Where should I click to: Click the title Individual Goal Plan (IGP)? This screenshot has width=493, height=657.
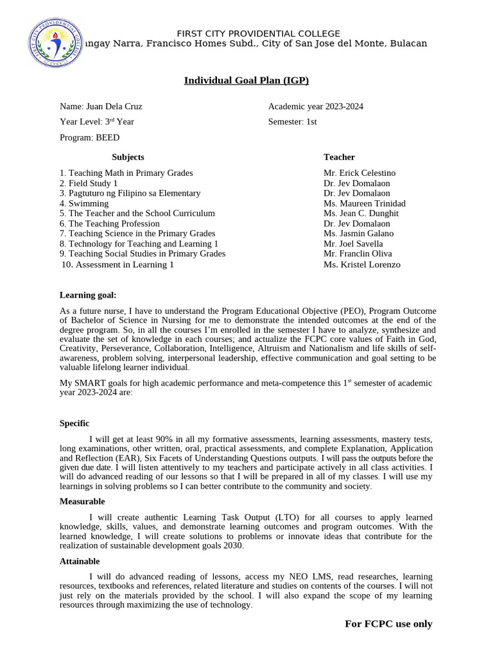coord(246,80)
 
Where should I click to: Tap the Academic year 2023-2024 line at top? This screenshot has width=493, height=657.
coord(315,107)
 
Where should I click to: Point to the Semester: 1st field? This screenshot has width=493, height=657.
coord(292,121)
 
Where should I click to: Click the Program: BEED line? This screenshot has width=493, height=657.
coord(89,137)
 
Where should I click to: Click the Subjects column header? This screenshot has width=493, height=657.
coord(128,157)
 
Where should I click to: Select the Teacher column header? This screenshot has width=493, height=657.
coord(339,157)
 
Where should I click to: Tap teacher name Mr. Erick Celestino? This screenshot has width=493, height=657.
coord(359,173)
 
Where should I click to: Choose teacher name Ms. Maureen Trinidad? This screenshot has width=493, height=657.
coord(364,203)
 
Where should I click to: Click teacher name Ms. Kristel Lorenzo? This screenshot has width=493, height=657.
coord(361,264)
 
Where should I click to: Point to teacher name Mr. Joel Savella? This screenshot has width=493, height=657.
coord(353,244)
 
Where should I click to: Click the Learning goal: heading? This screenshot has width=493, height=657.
coord(88,295)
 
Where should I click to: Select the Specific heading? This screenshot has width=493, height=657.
coord(74,423)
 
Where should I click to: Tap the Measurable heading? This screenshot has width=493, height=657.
coord(82,502)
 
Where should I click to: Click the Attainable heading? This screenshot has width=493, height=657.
coord(80,561)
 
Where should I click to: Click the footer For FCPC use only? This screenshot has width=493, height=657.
coord(388,624)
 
